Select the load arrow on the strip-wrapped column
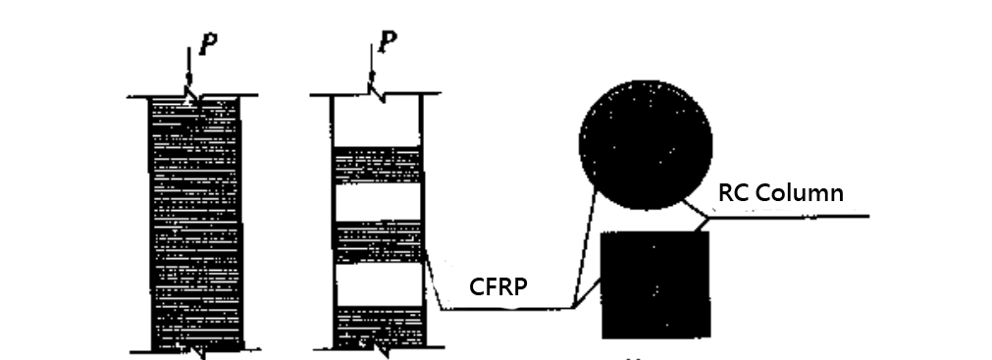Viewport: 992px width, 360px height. tap(372, 73)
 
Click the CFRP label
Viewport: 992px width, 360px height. tap(498, 287)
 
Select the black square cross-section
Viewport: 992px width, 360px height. tap(653, 285)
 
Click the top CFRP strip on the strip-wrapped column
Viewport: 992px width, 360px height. tap(378, 166)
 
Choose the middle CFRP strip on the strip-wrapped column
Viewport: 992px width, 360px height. tap(378, 242)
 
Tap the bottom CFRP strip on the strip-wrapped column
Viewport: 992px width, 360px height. tap(378, 326)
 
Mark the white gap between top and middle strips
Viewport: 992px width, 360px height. tap(378, 203)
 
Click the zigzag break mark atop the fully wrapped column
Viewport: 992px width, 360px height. tap(194, 99)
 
